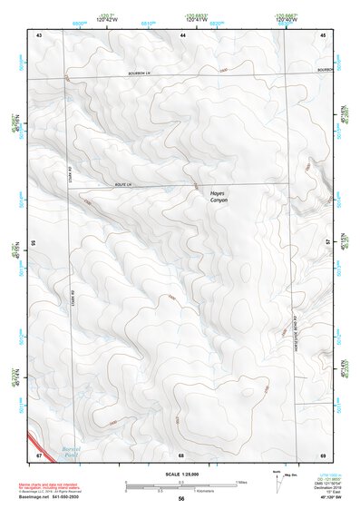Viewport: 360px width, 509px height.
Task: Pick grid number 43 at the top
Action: coord(39,34)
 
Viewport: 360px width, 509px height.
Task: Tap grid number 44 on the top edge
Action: coord(182,34)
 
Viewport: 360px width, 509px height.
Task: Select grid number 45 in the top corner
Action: coord(323,34)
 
